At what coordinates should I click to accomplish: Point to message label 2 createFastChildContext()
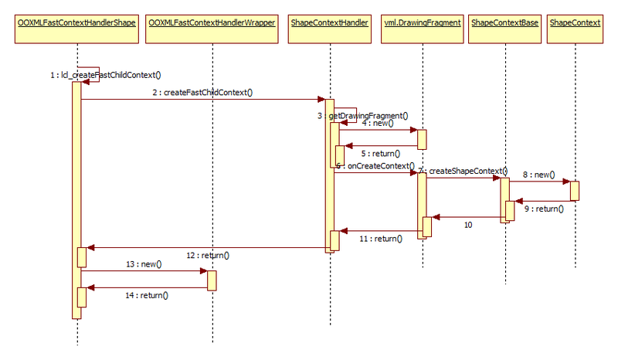[x=202, y=93]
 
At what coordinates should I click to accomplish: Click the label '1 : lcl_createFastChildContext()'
[x=105, y=75]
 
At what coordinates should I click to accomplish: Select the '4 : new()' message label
[x=378, y=122]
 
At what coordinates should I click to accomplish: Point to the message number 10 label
[x=468, y=224]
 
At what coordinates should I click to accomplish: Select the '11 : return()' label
[x=380, y=239]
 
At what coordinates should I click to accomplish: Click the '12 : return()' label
[x=208, y=255]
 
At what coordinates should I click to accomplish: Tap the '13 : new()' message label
[x=144, y=264]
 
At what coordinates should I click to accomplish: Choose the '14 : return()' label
[x=147, y=294]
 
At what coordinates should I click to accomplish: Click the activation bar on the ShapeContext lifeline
[x=575, y=191]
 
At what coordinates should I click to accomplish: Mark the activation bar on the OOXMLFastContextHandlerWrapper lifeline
[x=211, y=280]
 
